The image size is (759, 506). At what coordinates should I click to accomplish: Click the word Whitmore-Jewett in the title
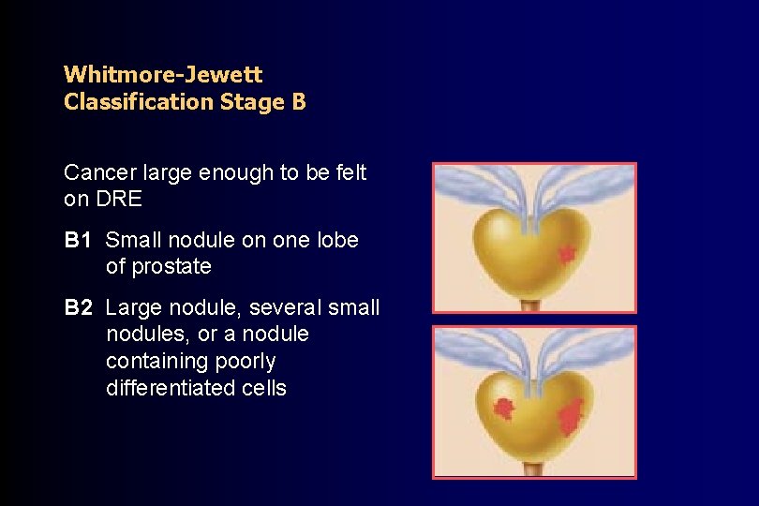point(163,74)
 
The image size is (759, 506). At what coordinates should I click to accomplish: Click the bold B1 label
point(79,240)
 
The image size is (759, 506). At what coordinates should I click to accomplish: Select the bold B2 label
point(79,307)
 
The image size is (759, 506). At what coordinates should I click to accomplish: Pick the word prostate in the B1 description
point(171,267)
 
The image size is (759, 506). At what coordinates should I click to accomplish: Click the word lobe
point(338,240)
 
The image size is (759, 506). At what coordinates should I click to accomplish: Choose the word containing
point(156,361)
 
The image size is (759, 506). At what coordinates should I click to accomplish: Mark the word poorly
point(246,361)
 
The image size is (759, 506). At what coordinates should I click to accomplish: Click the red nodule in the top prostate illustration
point(566,252)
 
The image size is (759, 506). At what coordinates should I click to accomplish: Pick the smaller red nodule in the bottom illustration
point(505,408)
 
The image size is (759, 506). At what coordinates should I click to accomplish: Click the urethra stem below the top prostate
point(531,305)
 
